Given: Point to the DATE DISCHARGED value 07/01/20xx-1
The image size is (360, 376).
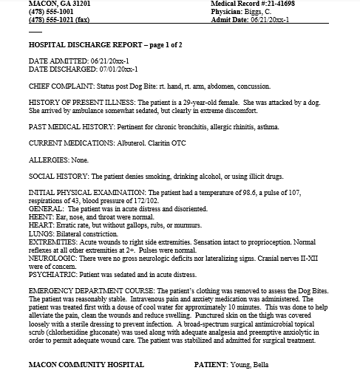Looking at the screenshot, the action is point(113,69).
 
